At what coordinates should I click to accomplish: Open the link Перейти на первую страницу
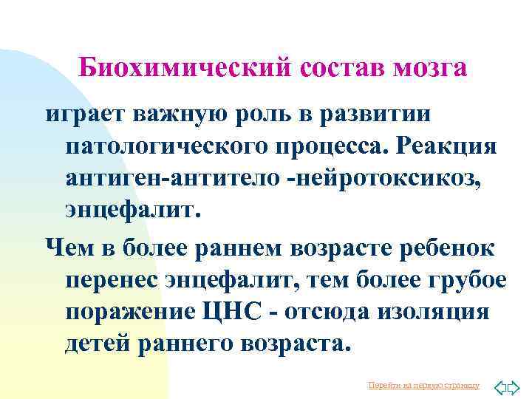pyautogui.click(x=423, y=385)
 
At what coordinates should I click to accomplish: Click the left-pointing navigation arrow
pyautogui.click(x=499, y=385)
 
